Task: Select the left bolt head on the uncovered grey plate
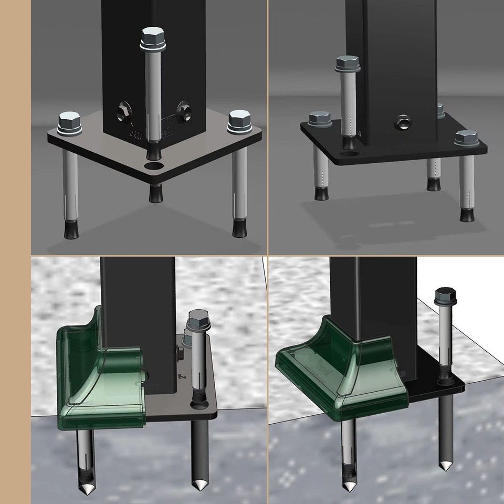pos(69,121)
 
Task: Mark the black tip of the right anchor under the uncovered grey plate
pos(239,229)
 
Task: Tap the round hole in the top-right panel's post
pos(403,123)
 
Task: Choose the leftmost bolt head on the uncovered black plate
pos(319,119)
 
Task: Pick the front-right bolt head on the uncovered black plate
pos(466,138)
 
